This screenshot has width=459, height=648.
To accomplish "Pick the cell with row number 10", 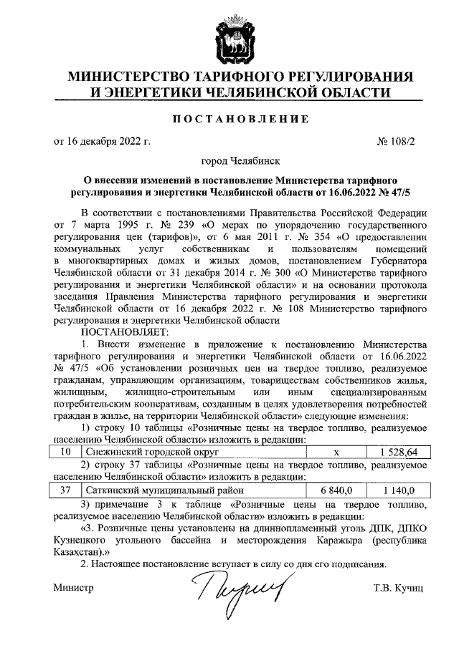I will (x=65, y=453).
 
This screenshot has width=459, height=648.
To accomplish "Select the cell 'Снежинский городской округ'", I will (x=151, y=453).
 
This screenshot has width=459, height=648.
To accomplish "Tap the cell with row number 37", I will (x=65, y=491).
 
